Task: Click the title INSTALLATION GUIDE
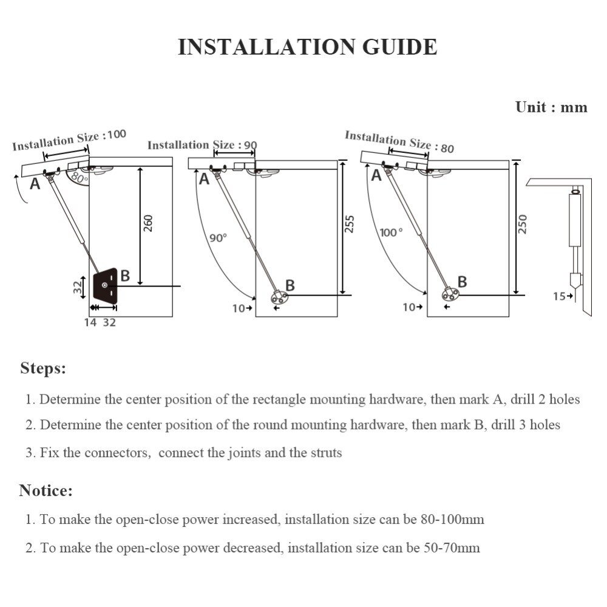[x=307, y=47]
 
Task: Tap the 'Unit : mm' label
[x=551, y=107]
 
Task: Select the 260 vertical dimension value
[x=148, y=223]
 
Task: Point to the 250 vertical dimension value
[x=524, y=223]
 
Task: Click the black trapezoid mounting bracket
[x=107, y=285]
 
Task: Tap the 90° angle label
[x=218, y=238]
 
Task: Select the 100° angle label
[x=391, y=232]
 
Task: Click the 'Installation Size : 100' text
[x=69, y=140]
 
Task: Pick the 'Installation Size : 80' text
[x=399, y=141]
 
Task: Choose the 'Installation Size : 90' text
[x=202, y=145]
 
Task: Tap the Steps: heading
[x=43, y=368]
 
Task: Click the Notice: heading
[x=46, y=490]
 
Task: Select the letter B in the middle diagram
[x=290, y=285]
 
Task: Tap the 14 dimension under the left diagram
[x=90, y=322]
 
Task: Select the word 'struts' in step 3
[x=325, y=453]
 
